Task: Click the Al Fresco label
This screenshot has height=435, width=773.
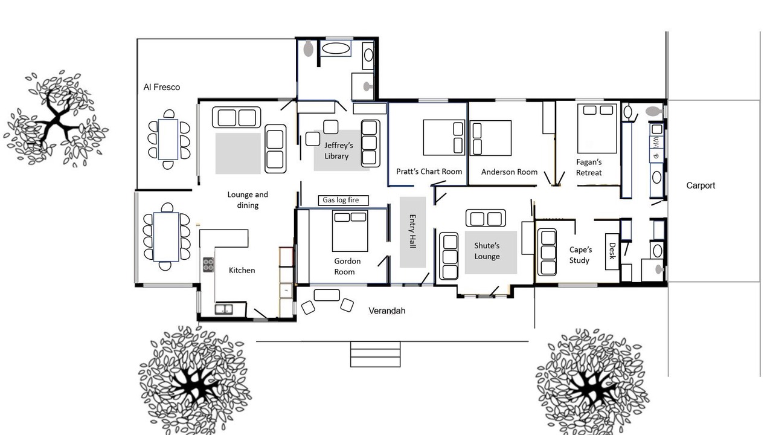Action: pos(161,88)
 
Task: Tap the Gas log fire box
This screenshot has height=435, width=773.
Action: pos(344,200)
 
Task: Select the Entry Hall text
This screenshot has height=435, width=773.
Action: pos(412,231)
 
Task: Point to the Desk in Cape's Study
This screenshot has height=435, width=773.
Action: pos(612,252)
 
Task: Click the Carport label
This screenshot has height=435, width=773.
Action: pos(701,185)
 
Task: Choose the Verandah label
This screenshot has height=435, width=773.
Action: pos(387,311)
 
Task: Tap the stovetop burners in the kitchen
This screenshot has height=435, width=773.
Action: pos(208,265)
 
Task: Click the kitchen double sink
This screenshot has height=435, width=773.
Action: pos(223,309)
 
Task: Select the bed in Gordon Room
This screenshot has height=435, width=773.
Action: pos(350,231)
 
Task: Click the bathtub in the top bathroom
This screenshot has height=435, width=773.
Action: pos(336,48)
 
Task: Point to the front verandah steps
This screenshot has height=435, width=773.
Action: pos(375,354)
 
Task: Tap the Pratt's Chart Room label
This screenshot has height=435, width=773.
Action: pos(429,172)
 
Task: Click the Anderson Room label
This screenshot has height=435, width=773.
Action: pos(509,172)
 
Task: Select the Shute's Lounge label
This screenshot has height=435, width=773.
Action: pos(487,251)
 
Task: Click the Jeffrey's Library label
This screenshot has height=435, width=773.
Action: pos(339,150)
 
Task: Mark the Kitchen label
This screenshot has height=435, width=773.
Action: pos(242,270)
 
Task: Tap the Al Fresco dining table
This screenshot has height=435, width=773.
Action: pos(168,140)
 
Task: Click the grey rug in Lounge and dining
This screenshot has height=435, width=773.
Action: pos(238,153)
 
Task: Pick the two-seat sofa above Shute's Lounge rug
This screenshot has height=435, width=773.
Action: pos(486,218)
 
